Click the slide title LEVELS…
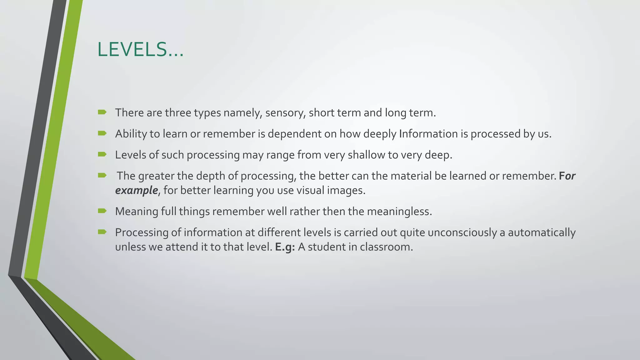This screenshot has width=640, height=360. pos(140,50)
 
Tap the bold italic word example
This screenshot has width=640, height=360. pos(136,190)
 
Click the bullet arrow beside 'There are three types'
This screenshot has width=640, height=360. pos(102,112)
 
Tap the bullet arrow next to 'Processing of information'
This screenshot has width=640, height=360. pos(102,232)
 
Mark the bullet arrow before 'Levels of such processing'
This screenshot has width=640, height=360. pos(102,154)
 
